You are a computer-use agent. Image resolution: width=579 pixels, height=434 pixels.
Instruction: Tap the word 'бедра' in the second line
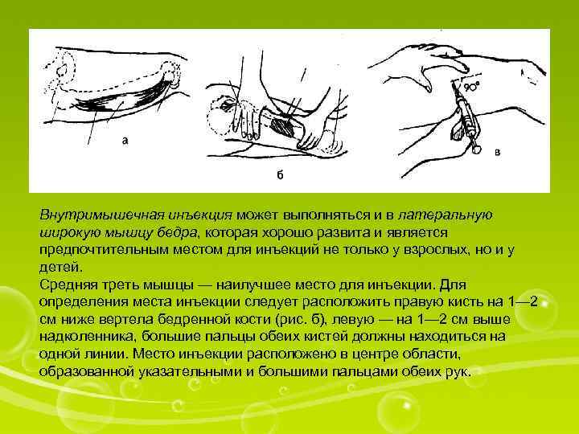[179, 232]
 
